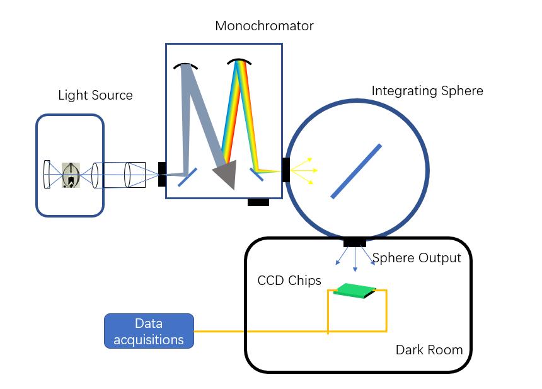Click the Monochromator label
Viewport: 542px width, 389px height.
264,26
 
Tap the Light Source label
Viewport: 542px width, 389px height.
95,95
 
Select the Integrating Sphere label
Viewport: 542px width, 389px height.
427,91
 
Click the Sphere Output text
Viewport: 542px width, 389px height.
417,258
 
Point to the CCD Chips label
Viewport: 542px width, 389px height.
289,281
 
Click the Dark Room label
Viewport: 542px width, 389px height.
429,349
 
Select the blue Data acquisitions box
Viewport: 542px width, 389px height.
149,332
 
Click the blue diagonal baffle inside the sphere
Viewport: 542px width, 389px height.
356,171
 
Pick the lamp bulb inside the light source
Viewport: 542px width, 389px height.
71,175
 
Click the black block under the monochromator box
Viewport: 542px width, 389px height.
258,202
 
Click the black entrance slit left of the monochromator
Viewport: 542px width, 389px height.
162,174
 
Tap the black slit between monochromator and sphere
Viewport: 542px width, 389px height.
286,170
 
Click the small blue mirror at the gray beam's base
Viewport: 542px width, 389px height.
187,177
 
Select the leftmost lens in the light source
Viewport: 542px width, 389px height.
47,174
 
